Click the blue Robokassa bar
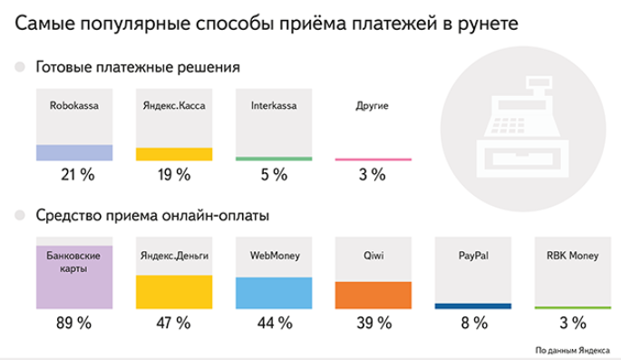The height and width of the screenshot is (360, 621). coord(74,152)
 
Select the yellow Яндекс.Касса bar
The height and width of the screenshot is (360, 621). coord(174,154)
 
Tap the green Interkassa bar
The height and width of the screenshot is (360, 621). coord(274,159)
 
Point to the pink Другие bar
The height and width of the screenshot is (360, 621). coord(373,160)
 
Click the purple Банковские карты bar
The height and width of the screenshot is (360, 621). coord(74,277)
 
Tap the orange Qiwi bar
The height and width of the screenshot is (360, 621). coord(373,296)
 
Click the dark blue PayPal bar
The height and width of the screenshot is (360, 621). coord(472,306)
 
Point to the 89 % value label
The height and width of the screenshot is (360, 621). coord(74,324)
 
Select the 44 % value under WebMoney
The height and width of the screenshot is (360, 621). coord(274,324)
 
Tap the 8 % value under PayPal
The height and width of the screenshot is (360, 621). coord(472,324)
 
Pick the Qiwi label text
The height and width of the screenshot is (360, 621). coord(373,256)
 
